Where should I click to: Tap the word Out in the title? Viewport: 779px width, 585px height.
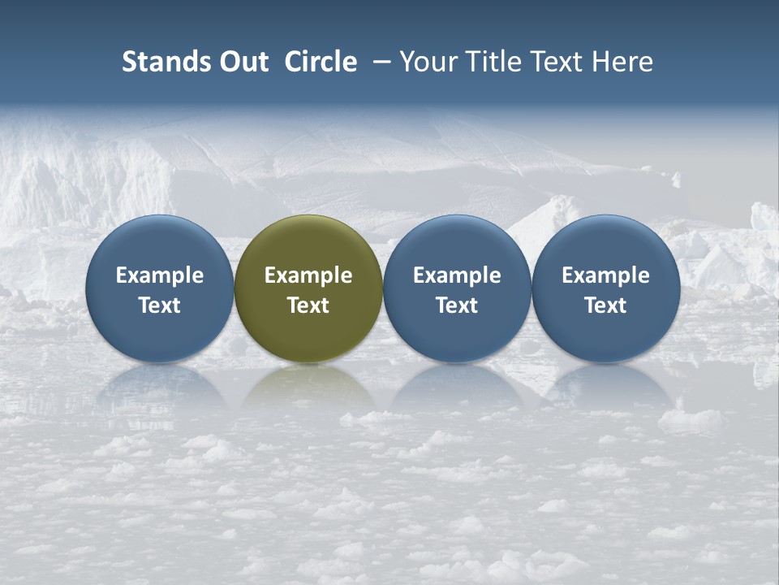pyautogui.click(x=241, y=62)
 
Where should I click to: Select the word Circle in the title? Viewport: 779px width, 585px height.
pyautogui.click(x=321, y=62)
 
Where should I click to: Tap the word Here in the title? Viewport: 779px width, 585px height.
pyautogui.click(x=622, y=62)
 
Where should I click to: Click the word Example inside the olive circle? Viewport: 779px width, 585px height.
pyautogui.click(x=308, y=275)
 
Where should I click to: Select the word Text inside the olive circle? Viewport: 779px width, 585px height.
pyautogui.click(x=308, y=305)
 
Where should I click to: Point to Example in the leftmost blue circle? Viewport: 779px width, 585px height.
pyautogui.click(x=160, y=275)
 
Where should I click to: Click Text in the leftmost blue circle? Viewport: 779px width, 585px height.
pyautogui.click(x=160, y=305)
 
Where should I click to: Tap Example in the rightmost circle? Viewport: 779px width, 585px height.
pyautogui.click(x=605, y=275)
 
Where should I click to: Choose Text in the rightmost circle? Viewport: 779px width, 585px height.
pyautogui.click(x=605, y=305)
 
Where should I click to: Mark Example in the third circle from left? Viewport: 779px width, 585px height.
pyautogui.click(x=457, y=275)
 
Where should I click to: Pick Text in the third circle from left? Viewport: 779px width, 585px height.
pyautogui.click(x=457, y=305)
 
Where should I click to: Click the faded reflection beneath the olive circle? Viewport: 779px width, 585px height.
pyautogui.click(x=308, y=388)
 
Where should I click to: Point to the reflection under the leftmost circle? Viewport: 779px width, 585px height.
pyautogui.click(x=160, y=388)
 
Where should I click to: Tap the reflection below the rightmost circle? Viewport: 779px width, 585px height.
pyautogui.click(x=605, y=388)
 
